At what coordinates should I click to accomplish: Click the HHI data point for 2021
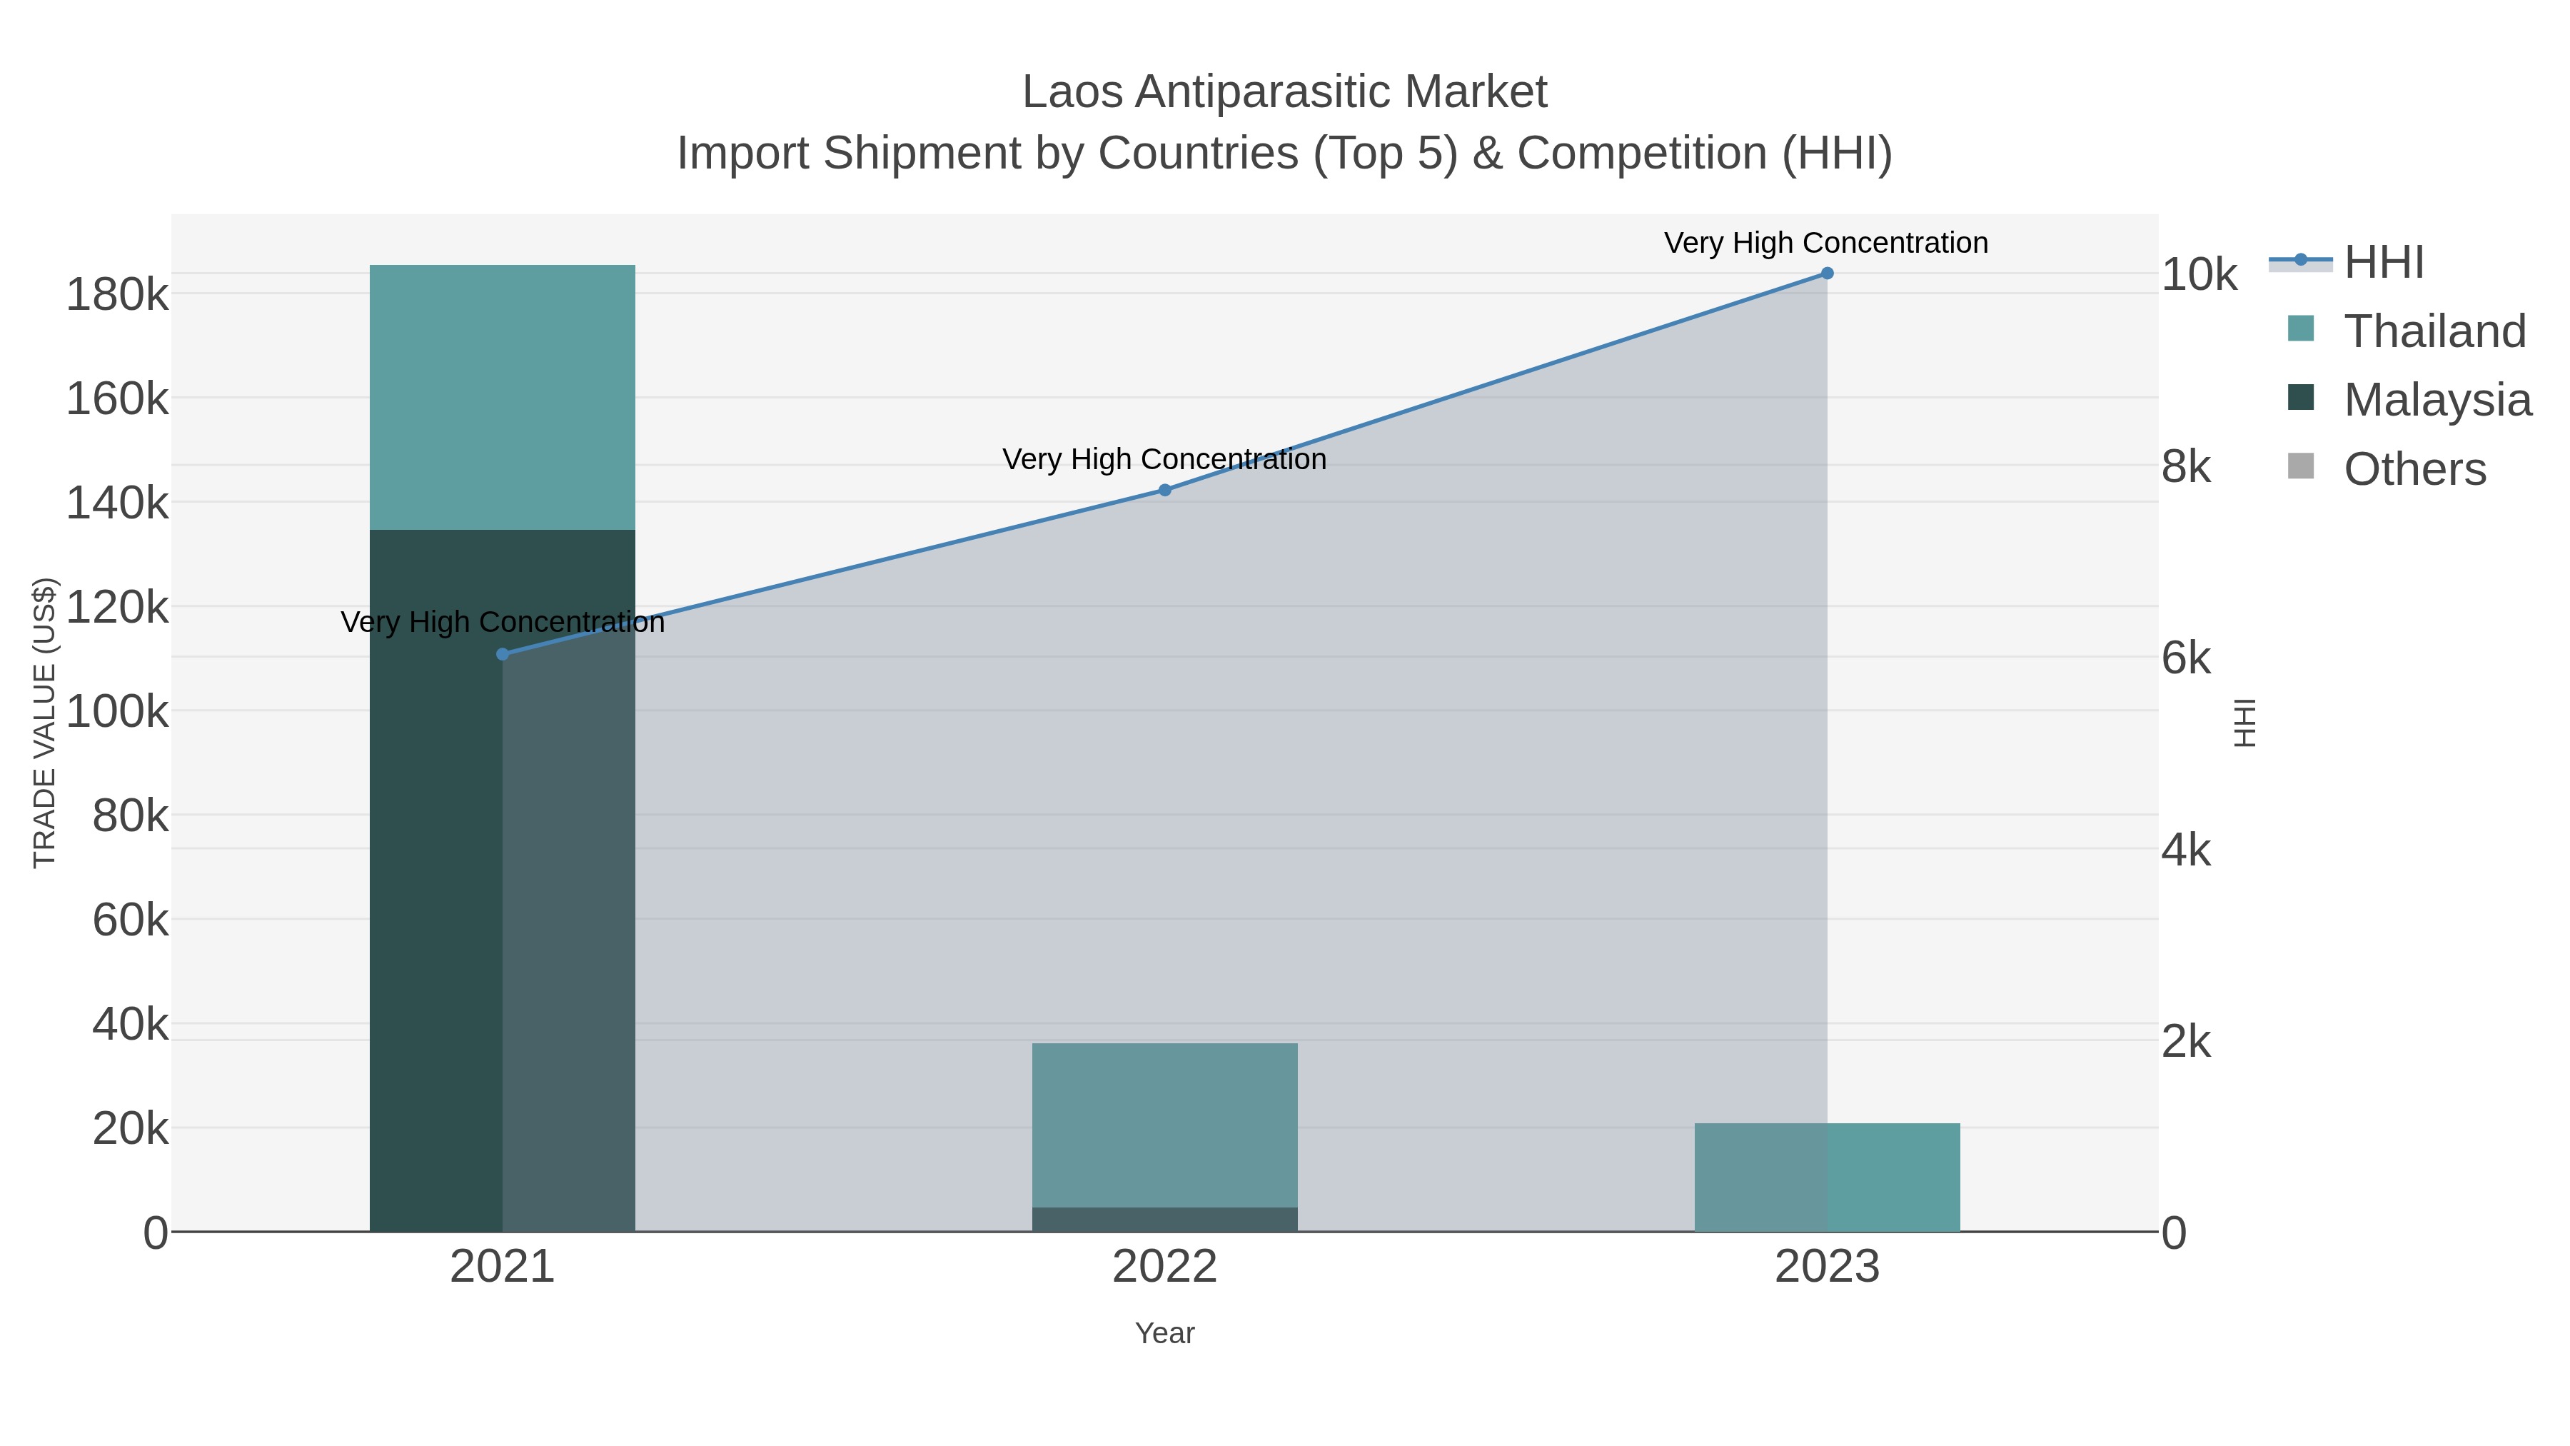click(503, 653)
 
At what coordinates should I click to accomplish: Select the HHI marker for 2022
click(1164, 490)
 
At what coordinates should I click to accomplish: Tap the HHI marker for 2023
click(1827, 273)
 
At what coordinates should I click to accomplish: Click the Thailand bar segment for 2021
click(502, 397)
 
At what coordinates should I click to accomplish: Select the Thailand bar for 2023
click(1827, 1177)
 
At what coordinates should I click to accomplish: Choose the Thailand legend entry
click(2434, 331)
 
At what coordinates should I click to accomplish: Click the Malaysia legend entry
click(2437, 399)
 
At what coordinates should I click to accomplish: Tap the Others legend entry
click(2414, 469)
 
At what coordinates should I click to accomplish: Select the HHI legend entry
click(2382, 263)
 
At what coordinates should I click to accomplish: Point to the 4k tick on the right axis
click(2186, 850)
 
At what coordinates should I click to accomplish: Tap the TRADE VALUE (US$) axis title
click(45, 723)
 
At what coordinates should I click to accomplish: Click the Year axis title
click(1164, 1333)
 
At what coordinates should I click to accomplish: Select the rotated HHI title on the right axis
click(2244, 723)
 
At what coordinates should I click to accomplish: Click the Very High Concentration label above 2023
click(1825, 243)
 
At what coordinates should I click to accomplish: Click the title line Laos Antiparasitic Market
click(1284, 92)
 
